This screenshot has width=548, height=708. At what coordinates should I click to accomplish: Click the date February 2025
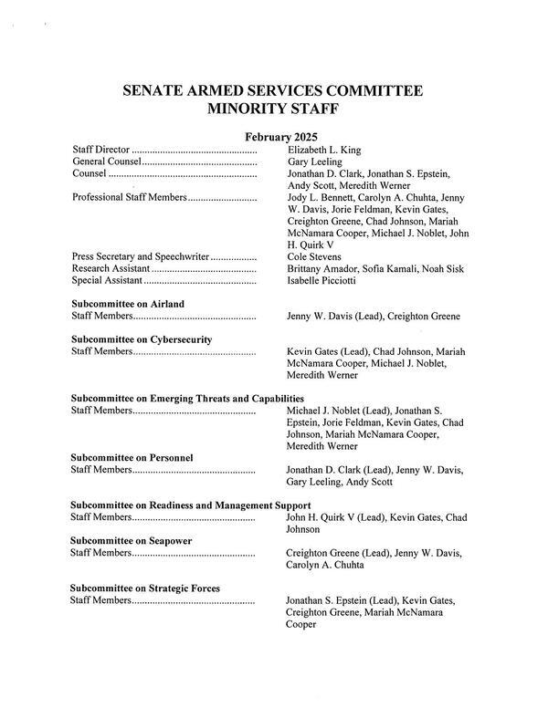pos(273,137)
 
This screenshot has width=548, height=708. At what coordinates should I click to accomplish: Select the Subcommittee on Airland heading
pos(127,304)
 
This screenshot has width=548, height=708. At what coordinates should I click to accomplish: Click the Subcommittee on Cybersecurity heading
pos(142,339)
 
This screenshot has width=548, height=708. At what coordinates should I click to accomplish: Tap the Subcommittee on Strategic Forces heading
pos(145,588)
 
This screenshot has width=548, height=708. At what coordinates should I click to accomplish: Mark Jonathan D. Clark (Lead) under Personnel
pos(339,470)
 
